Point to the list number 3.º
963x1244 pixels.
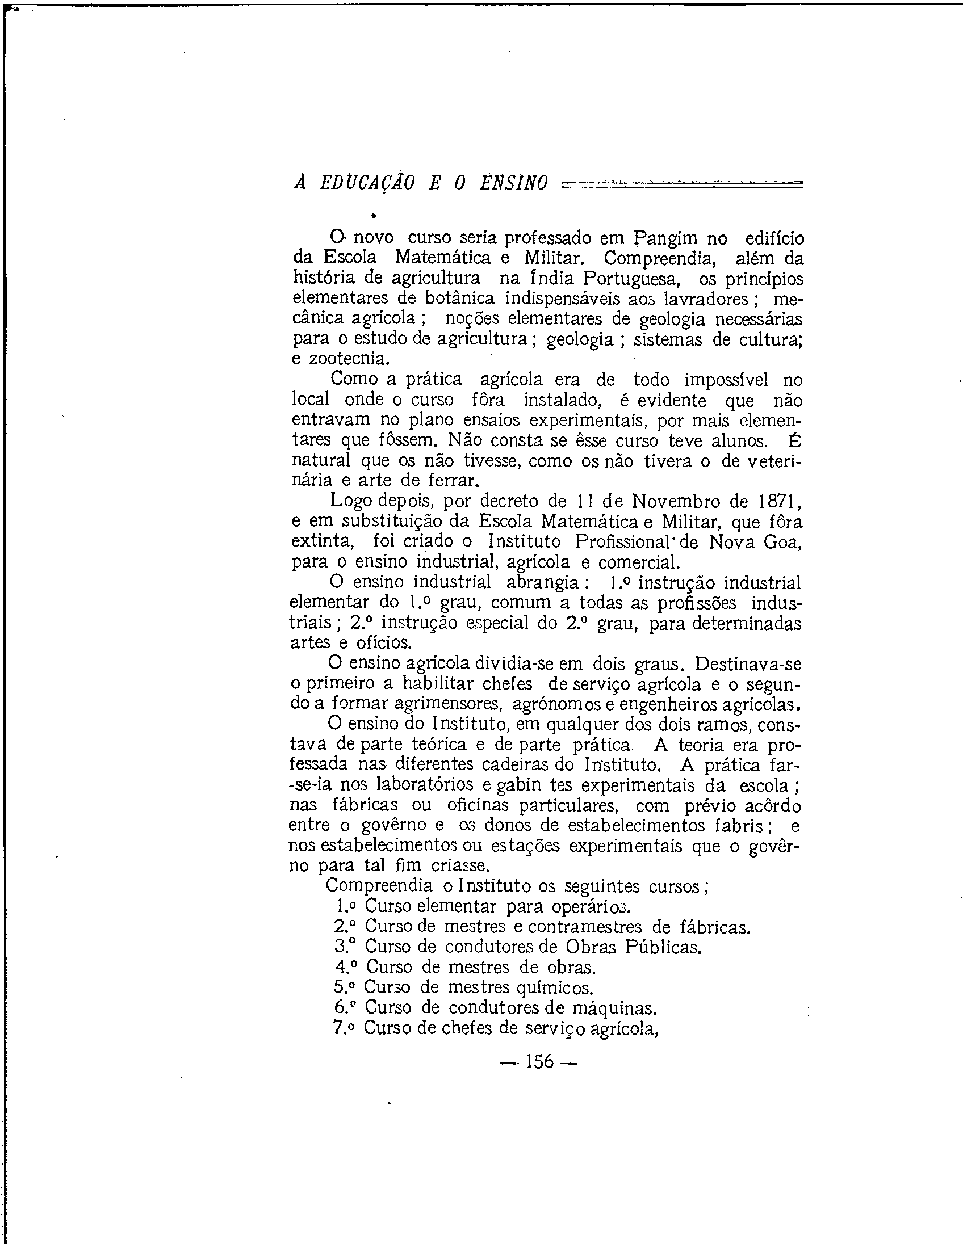click(x=345, y=946)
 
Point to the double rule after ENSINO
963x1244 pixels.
click(x=681, y=183)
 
